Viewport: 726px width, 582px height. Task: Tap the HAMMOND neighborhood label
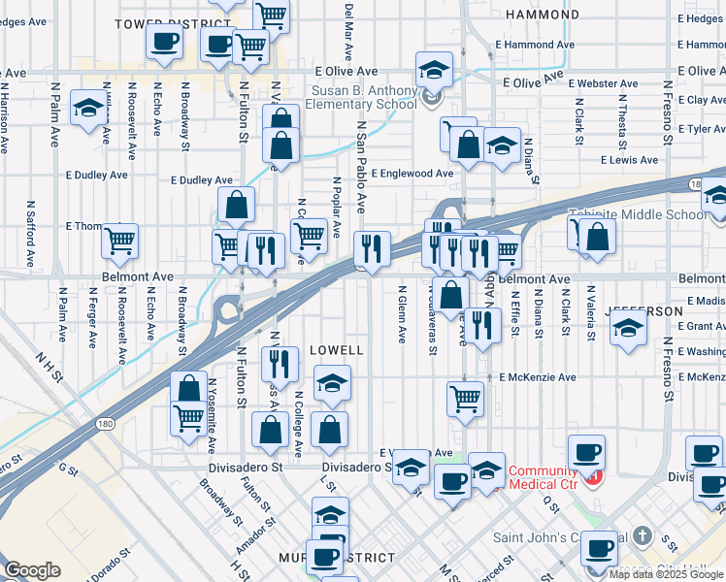point(544,16)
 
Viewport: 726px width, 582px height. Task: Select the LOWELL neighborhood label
point(336,349)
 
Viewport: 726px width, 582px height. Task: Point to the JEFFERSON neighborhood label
point(638,310)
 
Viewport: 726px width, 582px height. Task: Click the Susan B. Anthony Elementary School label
point(364,99)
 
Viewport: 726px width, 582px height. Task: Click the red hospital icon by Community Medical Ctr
point(595,477)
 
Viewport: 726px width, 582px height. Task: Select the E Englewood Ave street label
point(412,174)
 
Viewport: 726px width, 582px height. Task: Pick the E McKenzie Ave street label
point(539,377)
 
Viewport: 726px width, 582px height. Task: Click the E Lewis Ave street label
point(629,160)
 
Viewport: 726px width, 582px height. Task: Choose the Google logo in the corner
point(32,570)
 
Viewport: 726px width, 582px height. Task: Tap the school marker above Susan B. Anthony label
point(434,70)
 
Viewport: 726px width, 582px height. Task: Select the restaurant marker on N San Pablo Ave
point(372,248)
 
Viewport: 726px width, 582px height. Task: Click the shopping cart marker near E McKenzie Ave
point(465,398)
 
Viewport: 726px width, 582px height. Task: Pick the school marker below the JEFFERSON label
point(629,329)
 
